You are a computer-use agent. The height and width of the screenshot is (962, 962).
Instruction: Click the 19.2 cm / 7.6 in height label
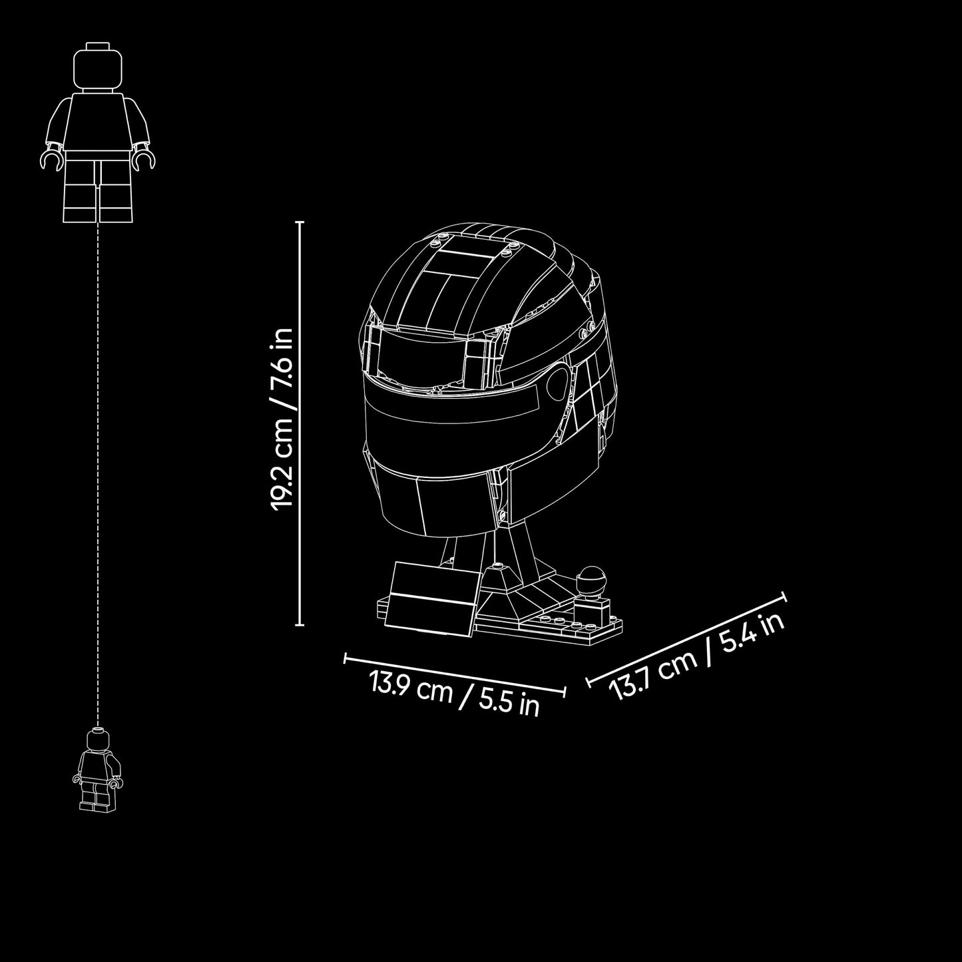click(x=281, y=418)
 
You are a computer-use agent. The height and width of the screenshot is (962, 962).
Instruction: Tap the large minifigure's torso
click(x=98, y=120)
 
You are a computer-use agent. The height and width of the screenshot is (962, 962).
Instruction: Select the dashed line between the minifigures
click(x=98, y=475)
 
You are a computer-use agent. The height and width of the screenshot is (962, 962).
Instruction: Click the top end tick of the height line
click(x=300, y=222)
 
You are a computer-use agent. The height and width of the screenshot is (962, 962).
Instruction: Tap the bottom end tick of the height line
click(x=300, y=624)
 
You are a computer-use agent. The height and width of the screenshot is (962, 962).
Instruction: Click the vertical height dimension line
click(x=300, y=423)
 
